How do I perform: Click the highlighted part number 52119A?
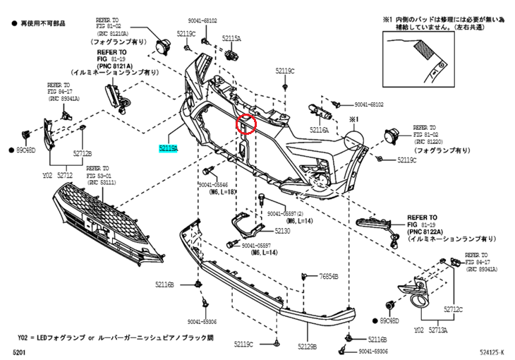point(169,148)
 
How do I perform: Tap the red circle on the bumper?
point(245,124)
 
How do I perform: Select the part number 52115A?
point(231,37)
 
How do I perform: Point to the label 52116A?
point(320,131)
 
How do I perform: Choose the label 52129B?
point(307,347)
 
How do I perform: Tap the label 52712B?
point(83,152)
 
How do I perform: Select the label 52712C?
point(453,309)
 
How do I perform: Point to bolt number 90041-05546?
point(217,184)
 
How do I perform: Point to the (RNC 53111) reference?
point(101,183)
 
